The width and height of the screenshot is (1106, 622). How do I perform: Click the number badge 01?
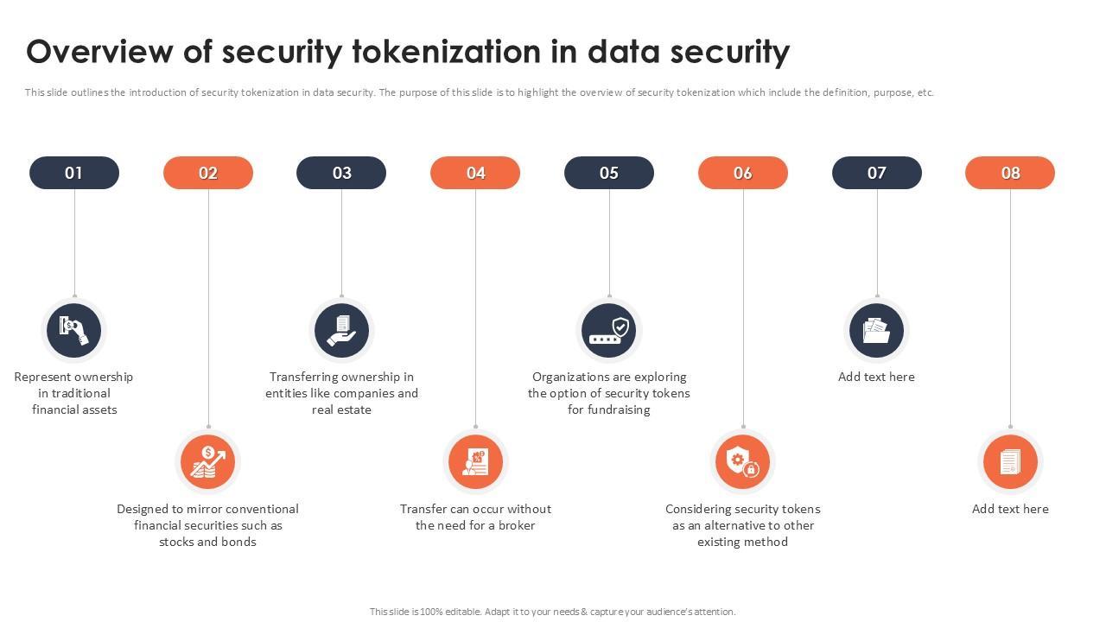click(x=74, y=173)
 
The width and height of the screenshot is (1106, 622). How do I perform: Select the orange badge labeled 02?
click(x=208, y=173)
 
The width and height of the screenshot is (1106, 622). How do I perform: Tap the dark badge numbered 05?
click(x=609, y=173)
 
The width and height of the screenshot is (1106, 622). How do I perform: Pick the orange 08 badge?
click(x=1010, y=173)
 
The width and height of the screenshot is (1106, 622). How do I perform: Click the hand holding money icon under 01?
click(x=74, y=330)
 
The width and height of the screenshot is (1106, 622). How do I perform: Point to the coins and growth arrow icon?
click(x=207, y=462)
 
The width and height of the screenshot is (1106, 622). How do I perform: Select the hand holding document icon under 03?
click(x=341, y=330)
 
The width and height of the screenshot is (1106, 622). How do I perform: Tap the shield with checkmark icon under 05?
click(x=609, y=330)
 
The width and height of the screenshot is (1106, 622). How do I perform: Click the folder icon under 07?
click(x=876, y=330)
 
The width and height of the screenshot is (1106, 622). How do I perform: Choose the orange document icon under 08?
click(x=1010, y=462)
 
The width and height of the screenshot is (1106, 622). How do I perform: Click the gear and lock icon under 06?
click(x=743, y=462)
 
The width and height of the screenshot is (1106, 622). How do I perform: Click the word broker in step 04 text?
click(x=517, y=525)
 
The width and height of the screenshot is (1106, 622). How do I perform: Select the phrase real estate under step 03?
click(x=341, y=409)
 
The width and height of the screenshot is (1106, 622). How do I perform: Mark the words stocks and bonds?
click(x=207, y=542)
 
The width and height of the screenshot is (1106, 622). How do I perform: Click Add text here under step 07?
click(x=876, y=377)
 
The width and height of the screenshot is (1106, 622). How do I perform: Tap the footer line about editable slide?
click(x=553, y=612)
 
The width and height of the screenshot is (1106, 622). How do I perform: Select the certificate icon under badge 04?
click(x=475, y=462)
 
